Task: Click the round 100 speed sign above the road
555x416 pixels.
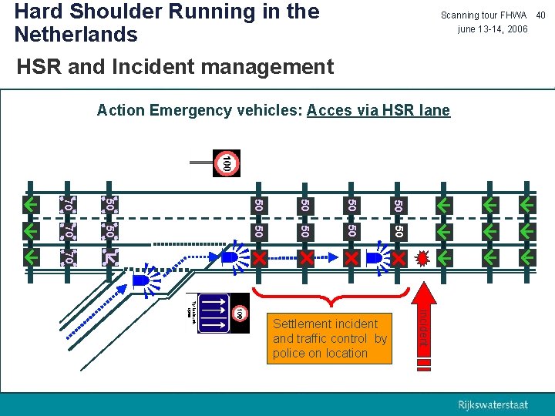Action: click(227, 163)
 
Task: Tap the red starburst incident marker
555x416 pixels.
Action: click(421, 257)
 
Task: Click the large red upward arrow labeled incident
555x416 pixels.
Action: click(423, 323)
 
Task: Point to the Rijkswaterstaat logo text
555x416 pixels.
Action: click(493, 405)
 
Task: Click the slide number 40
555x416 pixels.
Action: click(541, 15)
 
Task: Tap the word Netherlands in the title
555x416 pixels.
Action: click(76, 35)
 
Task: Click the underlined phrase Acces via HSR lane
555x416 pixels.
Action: click(378, 110)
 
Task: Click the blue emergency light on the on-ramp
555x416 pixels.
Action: click(140, 281)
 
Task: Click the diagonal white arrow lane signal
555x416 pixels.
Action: click(110, 257)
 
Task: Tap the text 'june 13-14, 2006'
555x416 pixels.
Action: click(493, 29)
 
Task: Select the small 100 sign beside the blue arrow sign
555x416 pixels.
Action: click(240, 314)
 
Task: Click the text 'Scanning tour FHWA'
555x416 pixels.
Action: click(483, 15)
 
